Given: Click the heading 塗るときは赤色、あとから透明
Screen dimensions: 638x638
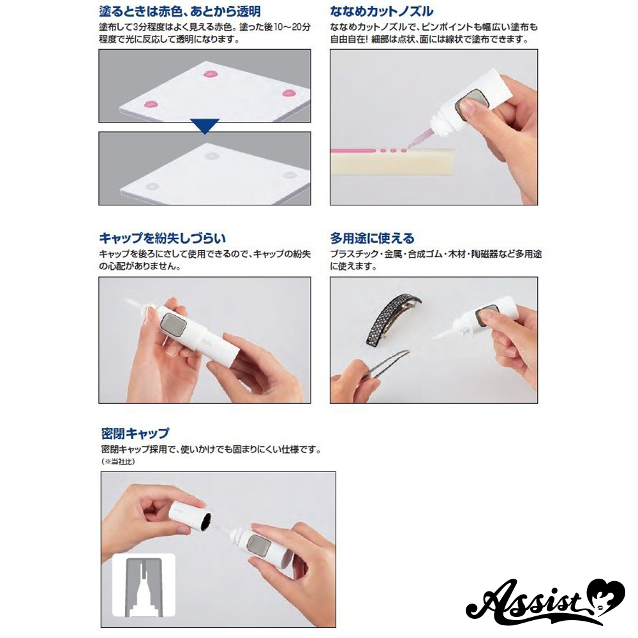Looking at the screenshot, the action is (x=180, y=11).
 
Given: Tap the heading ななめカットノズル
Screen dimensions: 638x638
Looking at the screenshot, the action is (x=382, y=11).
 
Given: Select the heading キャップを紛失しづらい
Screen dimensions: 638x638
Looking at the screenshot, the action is (x=162, y=238).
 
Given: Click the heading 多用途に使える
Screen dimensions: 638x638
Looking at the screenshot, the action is (x=373, y=238).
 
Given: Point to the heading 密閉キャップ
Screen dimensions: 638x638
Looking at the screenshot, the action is (x=135, y=433).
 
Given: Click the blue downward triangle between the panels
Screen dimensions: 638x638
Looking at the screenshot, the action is (x=205, y=126).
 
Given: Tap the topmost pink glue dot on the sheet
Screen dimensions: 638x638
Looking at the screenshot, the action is (x=211, y=75).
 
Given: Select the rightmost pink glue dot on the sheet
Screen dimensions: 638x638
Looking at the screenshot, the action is (x=288, y=93).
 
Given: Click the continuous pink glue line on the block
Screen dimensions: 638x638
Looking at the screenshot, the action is (x=352, y=151).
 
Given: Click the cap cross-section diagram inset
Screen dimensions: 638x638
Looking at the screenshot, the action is (x=144, y=586).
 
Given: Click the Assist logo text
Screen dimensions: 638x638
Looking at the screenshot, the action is (x=529, y=603).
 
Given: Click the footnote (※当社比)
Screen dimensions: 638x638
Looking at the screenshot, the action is (x=118, y=462).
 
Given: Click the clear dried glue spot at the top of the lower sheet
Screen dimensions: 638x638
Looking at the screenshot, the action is (x=212, y=156).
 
